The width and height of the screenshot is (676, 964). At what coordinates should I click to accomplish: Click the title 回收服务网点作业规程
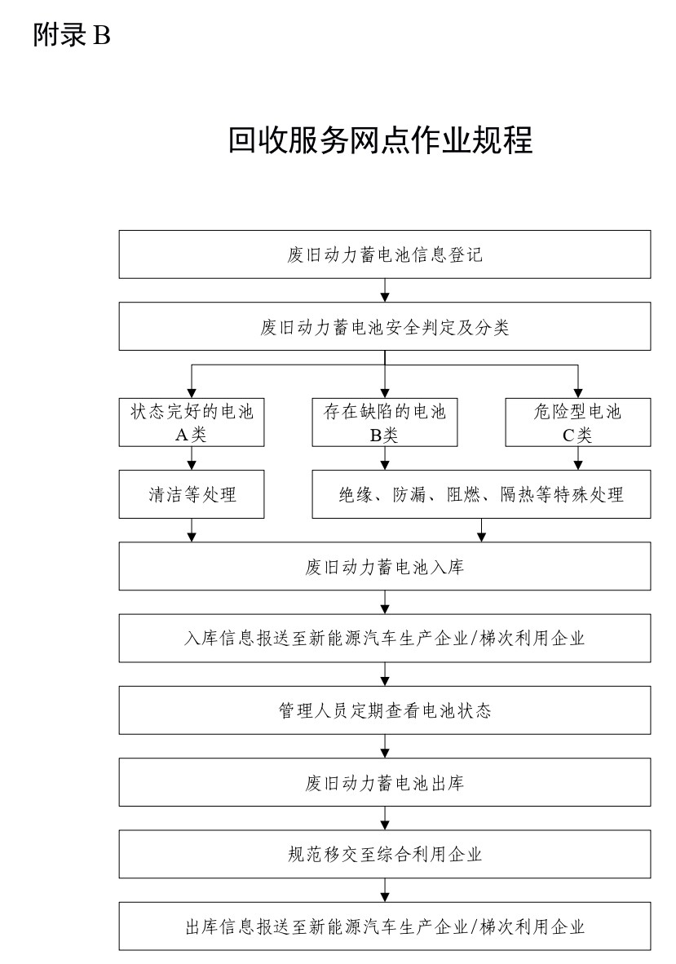pyautogui.click(x=381, y=139)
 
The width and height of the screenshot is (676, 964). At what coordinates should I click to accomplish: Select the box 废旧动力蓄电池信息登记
pyautogui.click(x=385, y=254)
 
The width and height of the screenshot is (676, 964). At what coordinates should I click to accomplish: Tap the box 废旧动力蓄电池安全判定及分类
pyautogui.click(x=385, y=326)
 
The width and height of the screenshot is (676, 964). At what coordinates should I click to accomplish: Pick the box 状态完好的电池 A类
pyautogui.click(x=192, y=422)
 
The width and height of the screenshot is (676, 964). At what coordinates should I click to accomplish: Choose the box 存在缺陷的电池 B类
pyautogui.click(x=385, y=422)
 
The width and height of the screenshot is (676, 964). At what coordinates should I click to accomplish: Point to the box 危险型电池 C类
pyautogui.click(x=577, y=422)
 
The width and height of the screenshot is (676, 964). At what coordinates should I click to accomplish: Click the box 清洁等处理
pyautogui.click(x=192, y=494)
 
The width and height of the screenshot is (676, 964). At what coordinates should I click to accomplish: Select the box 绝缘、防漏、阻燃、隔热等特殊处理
pyautogui.click(x=481, y=494)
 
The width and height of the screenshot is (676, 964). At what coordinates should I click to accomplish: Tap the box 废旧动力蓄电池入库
pyautogui.click(x=385, y=566)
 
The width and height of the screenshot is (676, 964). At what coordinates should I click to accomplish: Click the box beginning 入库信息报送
pyautogui.click(x=385, y=638)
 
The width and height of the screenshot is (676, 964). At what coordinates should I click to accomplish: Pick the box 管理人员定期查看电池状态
pyautogui.click(x=385, y=710)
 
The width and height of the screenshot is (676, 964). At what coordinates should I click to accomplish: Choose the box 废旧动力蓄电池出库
pyautogui.click(x=385, y=782)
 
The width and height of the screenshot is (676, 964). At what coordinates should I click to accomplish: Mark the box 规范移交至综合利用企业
pyautogui.click(x=385, y=854)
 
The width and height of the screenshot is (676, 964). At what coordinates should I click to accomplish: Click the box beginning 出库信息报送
pyautogui.click(x=385, y=926)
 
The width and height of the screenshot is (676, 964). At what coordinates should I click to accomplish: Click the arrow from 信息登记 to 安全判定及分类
pyautogui.click(x=385, y=290)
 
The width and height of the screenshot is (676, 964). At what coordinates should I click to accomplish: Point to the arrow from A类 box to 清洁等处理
pyautogui.click(x=192, y=458)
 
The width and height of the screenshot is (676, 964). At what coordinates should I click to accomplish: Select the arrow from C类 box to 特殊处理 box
pyautogui.click(x=577, y=458)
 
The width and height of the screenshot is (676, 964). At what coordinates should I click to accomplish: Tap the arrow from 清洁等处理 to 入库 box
pyautogui.click(x=192, y=530)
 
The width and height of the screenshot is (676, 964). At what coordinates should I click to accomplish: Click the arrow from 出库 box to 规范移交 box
pyautogui.click(x=385, y=818)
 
